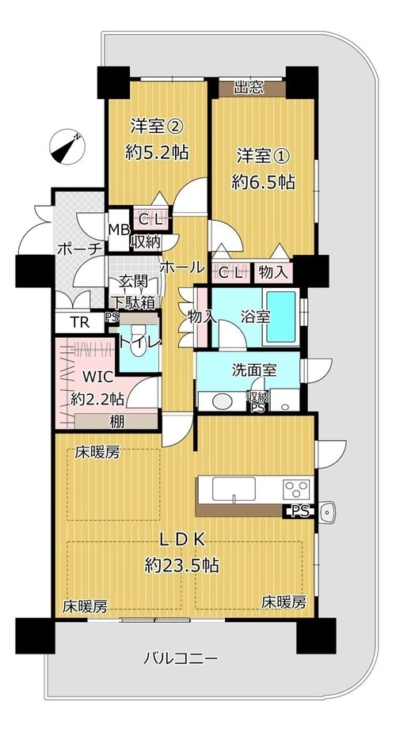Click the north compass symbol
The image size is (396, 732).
click(x=67, y=146)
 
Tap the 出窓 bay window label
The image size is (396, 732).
click(x=249, y=87)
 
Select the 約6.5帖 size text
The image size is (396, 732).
click(x=264, y=182)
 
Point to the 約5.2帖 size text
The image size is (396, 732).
click(x=157, y=152)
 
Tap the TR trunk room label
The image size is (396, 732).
click(x=79, y=322)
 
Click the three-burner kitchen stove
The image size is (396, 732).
click(x=297, y=490)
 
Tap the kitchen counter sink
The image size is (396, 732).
click(x=234, y=489)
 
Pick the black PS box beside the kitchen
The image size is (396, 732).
click(x=299, y=511)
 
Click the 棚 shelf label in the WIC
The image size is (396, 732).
click(x=116, y=422)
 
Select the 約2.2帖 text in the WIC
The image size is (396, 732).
click(x=97, y=399)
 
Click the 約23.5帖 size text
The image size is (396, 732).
click(x=181, y=566)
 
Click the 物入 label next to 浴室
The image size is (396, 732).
click(x=201, y=317)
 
